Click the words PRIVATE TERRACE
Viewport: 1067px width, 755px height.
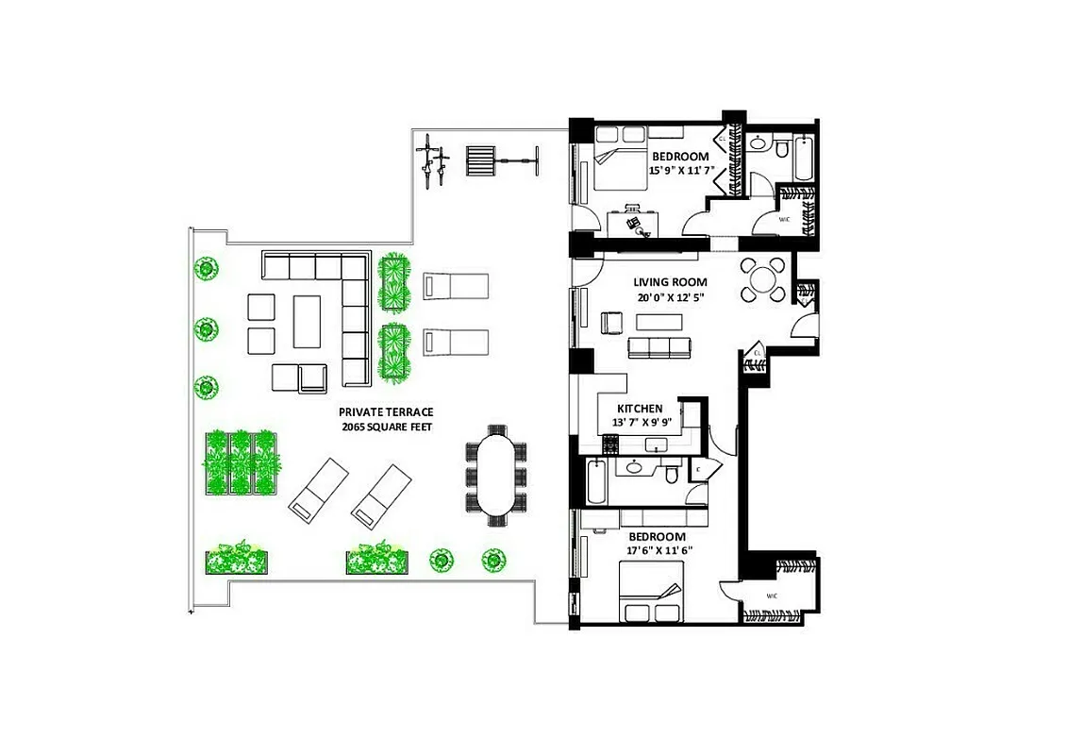[x=386, y=412]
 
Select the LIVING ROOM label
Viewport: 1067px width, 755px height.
[x=670, y=282]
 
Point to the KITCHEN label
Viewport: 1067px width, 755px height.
[x=640, y=409]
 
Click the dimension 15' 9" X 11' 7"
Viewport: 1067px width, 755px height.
[x=680, y=171]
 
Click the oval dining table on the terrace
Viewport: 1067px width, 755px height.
[x=495, y=476]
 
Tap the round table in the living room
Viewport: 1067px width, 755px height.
[x=762, y=279]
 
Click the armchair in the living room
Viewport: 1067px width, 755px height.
[x=611, y=324]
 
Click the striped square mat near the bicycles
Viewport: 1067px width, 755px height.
[x=480, y=162]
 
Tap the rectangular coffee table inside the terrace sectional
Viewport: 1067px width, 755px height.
[x=308, y=322]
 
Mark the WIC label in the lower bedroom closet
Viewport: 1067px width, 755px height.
[x=772, y=596]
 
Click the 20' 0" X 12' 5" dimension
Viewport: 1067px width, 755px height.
[x=670, y=298]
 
